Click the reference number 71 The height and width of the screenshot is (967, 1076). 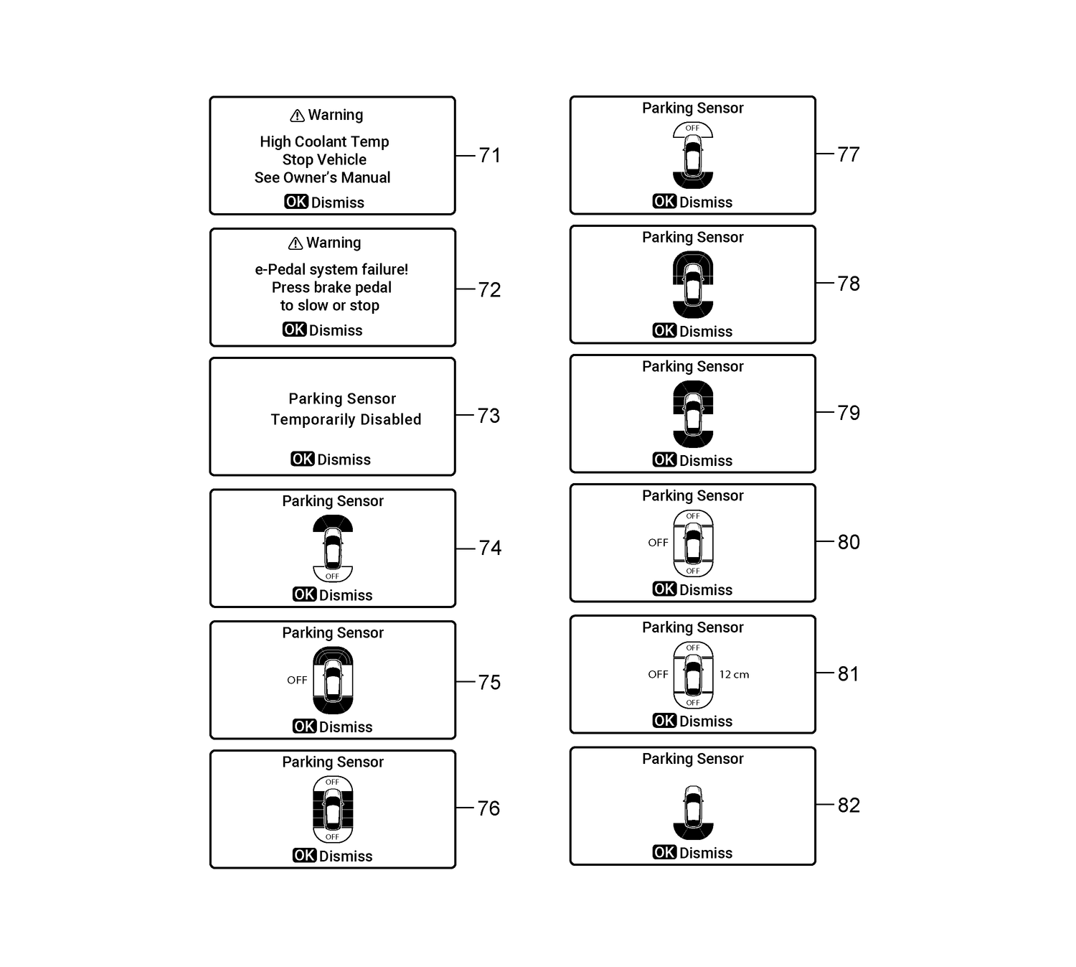(x=490, y=155)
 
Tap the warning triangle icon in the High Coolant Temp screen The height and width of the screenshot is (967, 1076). (x=297, y=116)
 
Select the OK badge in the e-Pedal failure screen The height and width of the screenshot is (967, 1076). (x=294, y=330)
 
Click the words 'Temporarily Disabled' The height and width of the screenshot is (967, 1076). (x=346, y=419)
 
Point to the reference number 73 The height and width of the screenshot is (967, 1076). (x=489, y=416)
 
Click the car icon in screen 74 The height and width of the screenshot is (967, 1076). (x=333, y=549)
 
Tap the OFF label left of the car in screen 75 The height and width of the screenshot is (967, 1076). (x=297, y=680)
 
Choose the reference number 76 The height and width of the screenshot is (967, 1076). (x=489, y=808)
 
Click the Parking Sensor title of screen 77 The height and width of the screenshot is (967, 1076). (x=692, y=108)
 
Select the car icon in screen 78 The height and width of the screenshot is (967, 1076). (x=693, y=284)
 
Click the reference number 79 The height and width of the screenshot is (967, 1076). (x=849, y=413)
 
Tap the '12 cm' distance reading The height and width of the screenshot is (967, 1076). (x=734, y=675)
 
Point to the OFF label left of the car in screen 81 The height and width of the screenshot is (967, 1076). (x=658, y=675)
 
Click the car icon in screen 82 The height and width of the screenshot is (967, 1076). (x=693, y=805)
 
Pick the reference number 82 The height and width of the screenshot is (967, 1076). (x=849, y=805)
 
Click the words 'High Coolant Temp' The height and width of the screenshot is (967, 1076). (x=324, y=141)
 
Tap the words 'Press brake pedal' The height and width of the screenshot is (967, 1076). (x=331, y=287)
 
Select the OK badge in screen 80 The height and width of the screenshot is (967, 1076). (x=664, y=589)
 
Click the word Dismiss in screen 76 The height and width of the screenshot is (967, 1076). (x=346, y=856)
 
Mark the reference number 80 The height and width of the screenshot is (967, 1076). (x=849, y=542)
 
